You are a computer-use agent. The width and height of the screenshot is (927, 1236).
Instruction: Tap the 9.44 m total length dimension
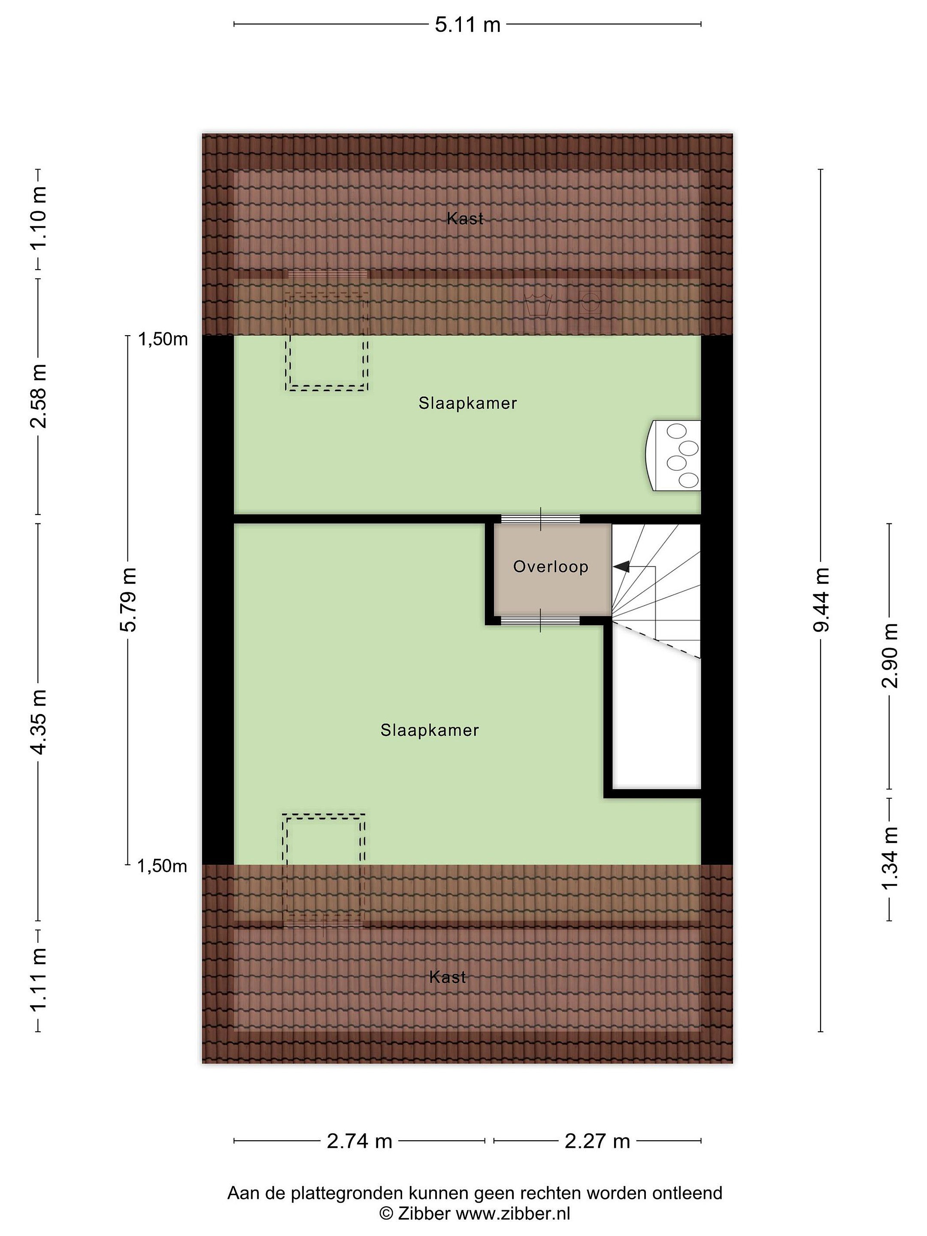click(x=821, y=599)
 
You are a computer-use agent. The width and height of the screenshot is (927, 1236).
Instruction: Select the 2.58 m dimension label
click(x=39, y=396)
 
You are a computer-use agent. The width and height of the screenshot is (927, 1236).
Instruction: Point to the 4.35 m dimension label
click(x=39, y=722)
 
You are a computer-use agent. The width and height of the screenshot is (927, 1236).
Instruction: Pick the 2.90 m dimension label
click(x=889, y=655)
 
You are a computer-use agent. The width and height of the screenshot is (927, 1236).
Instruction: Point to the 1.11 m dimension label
click(x=39, y=981)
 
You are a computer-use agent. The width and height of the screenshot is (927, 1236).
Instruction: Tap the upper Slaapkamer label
click(x=468, y=403)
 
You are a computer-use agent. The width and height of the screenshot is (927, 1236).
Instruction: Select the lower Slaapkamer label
click(x=430, y=730)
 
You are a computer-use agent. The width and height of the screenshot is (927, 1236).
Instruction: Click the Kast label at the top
click(x=465, y=218)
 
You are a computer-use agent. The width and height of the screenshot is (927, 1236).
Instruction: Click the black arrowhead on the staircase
click(x=621, y=566)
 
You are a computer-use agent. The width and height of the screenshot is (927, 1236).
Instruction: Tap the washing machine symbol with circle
click(x=590, y=304)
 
